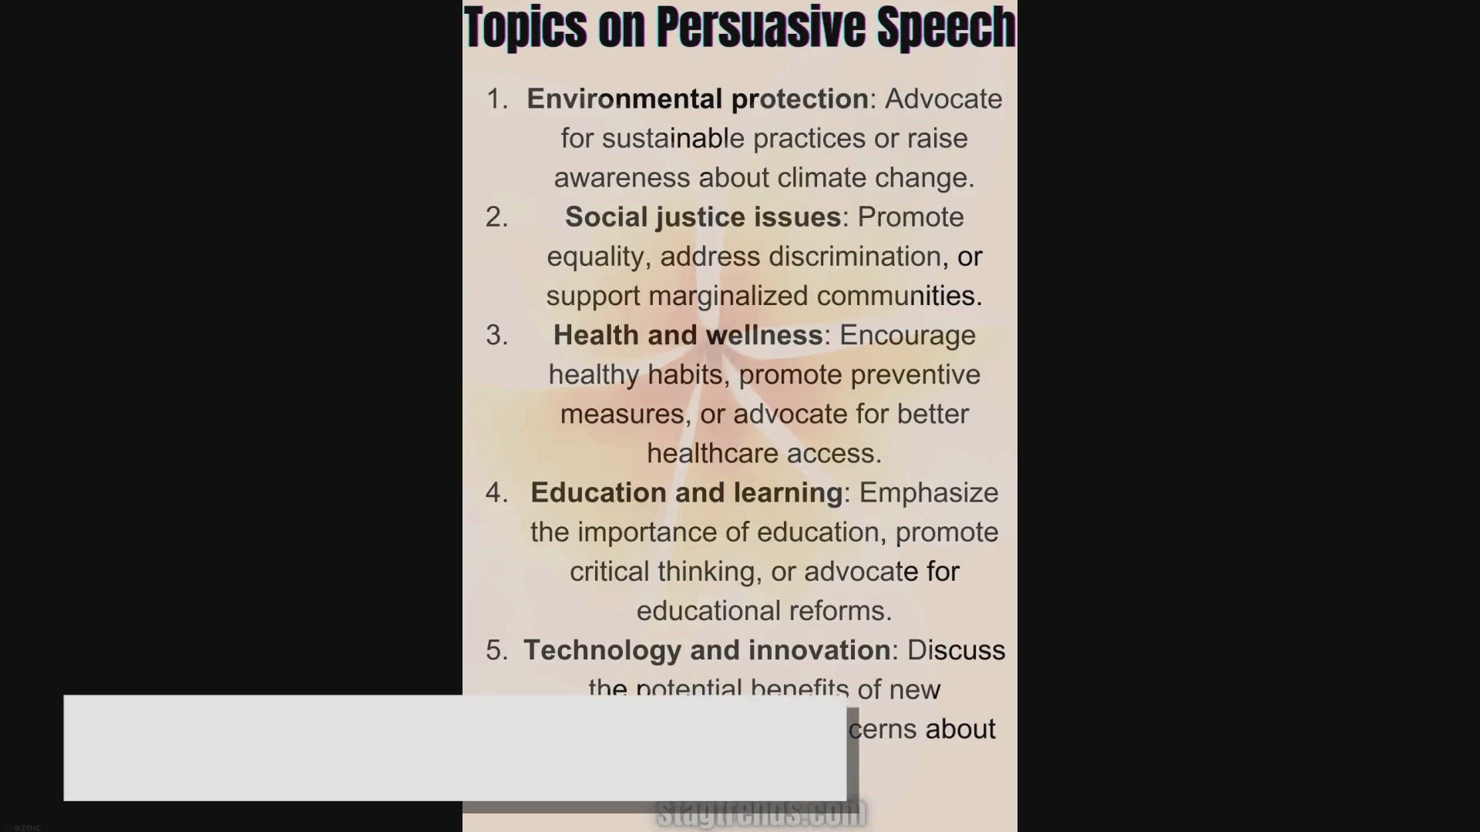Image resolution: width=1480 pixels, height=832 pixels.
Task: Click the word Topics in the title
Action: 525,28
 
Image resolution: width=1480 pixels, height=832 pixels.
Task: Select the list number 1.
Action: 496,99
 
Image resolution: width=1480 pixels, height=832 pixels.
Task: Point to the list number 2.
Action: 496,217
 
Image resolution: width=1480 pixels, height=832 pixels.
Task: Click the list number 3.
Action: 496,335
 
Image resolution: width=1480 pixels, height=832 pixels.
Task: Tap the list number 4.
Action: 496,493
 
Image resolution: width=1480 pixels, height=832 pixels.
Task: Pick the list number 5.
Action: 496,650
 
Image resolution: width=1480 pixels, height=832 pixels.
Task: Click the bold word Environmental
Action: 624,99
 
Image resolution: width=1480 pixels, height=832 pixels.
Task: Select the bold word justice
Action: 702,217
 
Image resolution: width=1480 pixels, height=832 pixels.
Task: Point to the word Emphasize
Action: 929,493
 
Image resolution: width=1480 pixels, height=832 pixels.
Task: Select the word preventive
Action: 915,375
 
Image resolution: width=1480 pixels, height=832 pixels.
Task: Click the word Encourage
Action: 907,335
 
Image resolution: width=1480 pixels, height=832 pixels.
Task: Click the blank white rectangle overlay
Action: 455,748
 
